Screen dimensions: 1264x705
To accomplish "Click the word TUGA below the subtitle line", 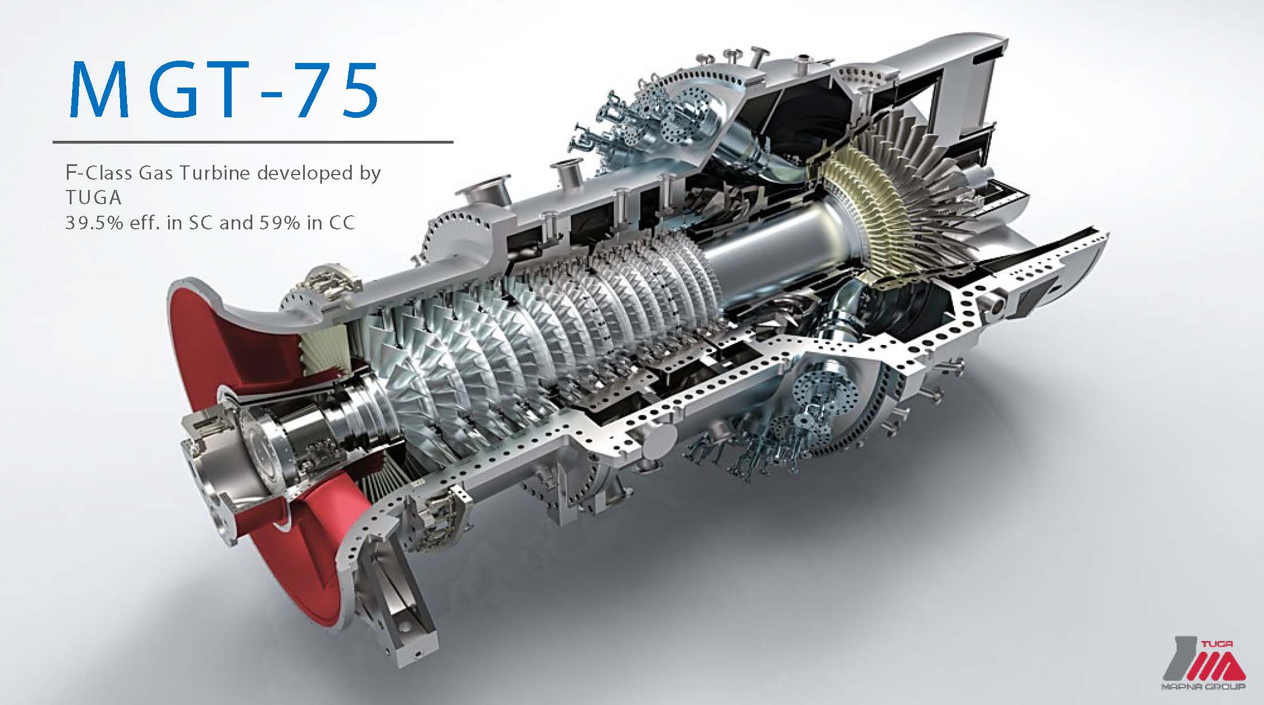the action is pyautogui.click(x=93, y=197).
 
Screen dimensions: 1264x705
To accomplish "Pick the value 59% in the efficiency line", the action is pyautogui.click(x=280, y=222).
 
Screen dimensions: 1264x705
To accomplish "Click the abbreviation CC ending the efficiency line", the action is pyautogui.click(x=341, y=222).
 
